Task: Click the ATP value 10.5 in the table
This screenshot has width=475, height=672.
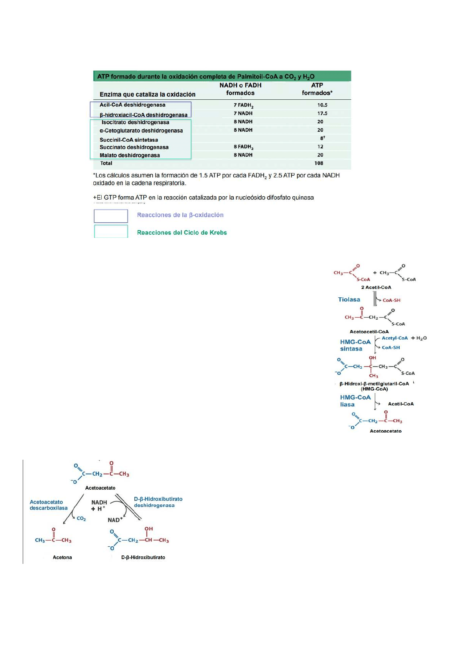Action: tap(322, 105)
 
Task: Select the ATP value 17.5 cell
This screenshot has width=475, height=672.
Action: tap(322, 113)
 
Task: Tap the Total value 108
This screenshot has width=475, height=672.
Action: tap(319, 163)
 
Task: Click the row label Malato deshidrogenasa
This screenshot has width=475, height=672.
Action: tap(130, 155)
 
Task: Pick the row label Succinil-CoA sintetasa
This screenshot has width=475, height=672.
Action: tap(129, 140)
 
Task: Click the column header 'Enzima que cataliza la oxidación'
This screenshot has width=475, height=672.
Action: tap(148, 94)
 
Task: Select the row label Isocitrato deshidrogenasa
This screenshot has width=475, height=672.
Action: tap(135, 122)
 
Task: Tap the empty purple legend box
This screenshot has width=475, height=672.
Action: tap(111, 216)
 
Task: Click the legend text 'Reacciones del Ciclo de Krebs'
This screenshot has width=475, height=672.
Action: tap(182, 233)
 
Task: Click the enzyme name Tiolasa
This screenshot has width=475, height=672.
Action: tap(349, 299)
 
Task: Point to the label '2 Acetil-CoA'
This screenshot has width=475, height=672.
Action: tap(376, 287)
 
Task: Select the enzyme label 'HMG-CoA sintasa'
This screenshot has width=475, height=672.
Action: tap(355, 345)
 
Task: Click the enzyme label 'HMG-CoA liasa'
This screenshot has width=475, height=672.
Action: tap(355, 401)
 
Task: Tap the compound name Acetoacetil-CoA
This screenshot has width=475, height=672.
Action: tap(369, 332)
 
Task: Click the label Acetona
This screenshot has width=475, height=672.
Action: tap(62, 557)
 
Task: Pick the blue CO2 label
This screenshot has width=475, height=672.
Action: tap(81, 519)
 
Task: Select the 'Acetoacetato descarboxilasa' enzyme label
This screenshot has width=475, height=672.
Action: tap(49, 505)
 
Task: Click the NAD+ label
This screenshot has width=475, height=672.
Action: tap(115, 520)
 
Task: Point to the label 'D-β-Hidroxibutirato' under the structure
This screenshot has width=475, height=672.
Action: tap(143, 557)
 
